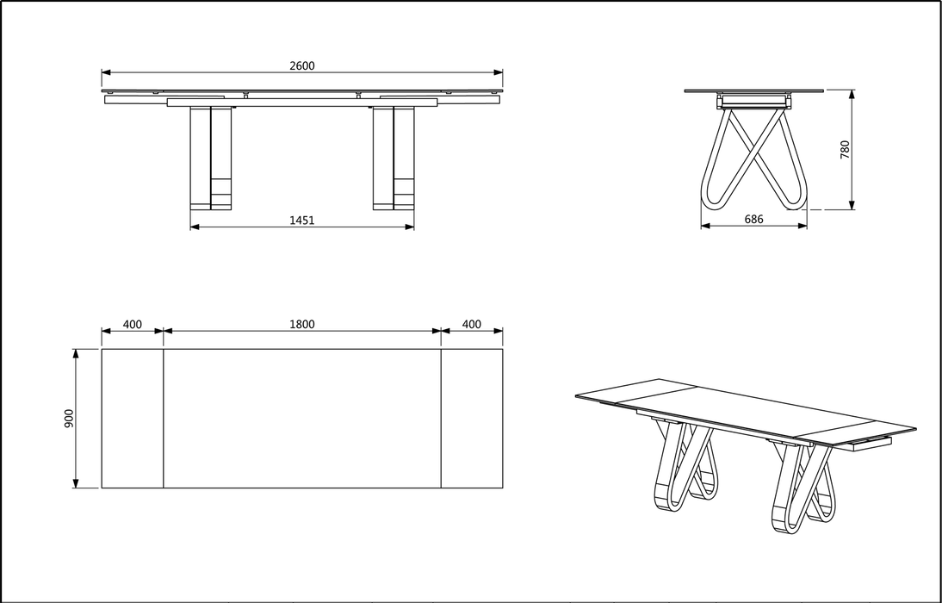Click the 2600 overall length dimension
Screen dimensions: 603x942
pos(301,65)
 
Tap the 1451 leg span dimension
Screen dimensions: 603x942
pos(301,221)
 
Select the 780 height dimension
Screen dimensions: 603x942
pos(845,149)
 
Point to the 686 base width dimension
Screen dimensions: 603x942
pos(753,220)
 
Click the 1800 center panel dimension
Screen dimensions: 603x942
pos(301,325)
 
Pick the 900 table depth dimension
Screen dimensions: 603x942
pos(69,418)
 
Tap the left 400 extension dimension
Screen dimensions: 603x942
pos(132,325)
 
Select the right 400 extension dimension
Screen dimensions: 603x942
pos(471,325)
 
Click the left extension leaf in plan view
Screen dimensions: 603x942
pos(133,419)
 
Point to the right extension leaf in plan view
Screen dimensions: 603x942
pos(472,419)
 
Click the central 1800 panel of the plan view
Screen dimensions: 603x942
pos(301,419)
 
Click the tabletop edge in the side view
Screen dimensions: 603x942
pos(753,90)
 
